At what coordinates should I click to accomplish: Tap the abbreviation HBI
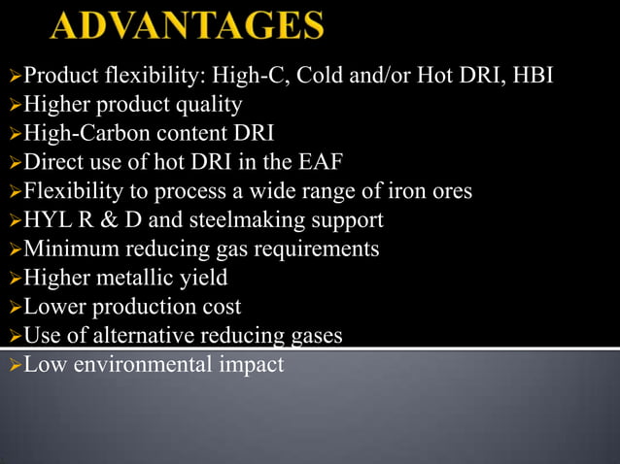tap(530, 74)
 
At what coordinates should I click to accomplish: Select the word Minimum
tap(65, 249)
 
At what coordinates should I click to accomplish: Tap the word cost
tap(222, 307)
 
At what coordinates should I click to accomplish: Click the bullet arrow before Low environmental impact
tap(13, 366)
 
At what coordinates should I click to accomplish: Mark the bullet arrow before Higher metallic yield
tap(13, 279)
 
